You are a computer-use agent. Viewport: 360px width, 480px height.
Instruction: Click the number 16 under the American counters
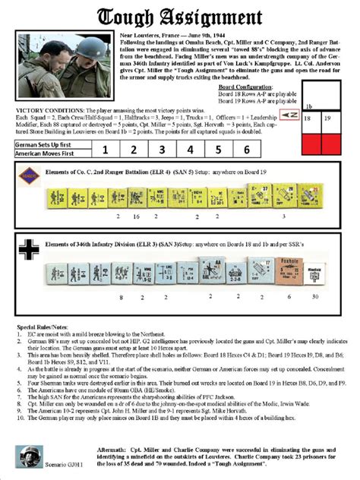(136, 216)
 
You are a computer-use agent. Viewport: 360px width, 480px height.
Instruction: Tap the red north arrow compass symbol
(288, 114)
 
